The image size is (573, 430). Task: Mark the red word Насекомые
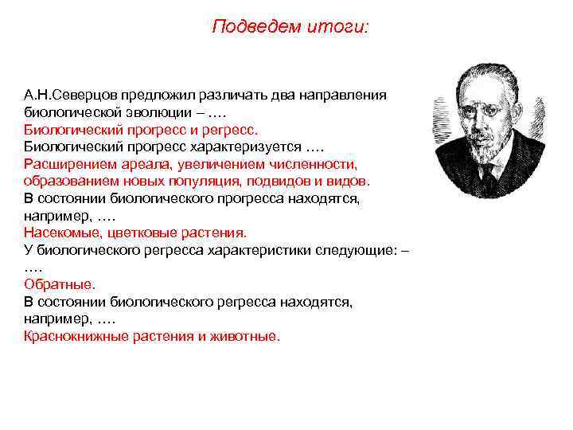(60, 233)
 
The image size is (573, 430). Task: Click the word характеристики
(255, 249)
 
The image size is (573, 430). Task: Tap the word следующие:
(357, 249)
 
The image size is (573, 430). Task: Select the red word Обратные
(59, 284)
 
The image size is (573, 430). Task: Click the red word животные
(248, 336)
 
